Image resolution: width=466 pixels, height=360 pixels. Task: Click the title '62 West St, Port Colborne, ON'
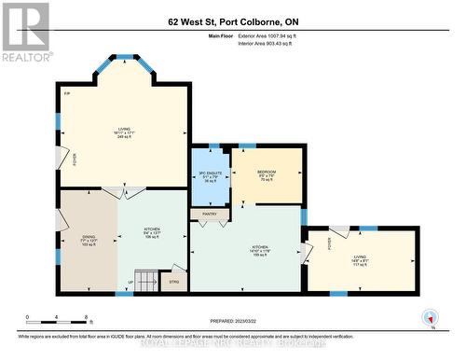[232, 21]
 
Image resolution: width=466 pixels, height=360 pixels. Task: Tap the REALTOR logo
[25, 32]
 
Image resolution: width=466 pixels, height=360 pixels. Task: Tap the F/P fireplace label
[67, 95]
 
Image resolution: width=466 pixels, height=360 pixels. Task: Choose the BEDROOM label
[266, 172]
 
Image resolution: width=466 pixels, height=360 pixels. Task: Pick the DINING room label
[89, 237]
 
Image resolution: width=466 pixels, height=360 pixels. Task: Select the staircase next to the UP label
[146, 280]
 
